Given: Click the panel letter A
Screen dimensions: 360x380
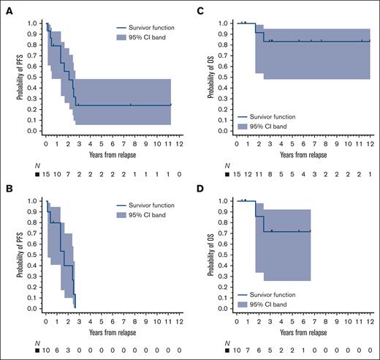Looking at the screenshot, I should tap(5, 7).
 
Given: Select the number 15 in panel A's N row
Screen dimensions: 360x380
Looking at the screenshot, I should tap(46, 176).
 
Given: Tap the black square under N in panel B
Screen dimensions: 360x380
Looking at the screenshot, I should tap(37, 353).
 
